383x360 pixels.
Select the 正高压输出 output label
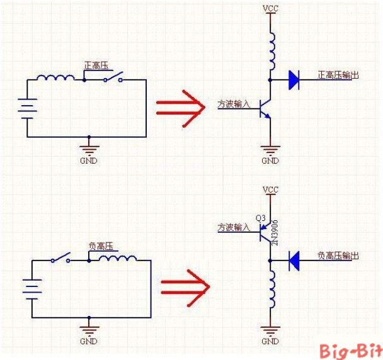(x=338, y=76)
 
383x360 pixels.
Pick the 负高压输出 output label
(x=338, y=256)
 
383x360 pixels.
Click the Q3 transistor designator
(x=261, y=218)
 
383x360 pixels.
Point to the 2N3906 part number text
(x=275, y=232)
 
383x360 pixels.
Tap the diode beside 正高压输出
(x=293, y=79)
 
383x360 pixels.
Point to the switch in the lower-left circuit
(x=61, y=259)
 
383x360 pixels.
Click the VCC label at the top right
(x=270, y=9)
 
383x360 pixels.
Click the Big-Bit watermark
(x=350, y=351)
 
